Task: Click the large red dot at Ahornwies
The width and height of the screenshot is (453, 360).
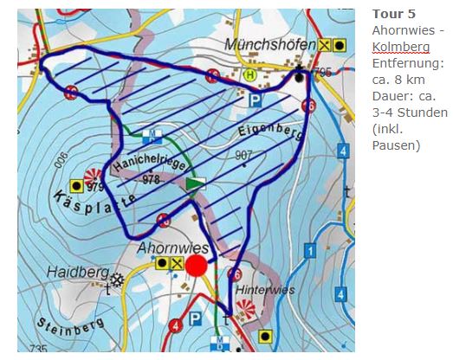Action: tap(197, 265)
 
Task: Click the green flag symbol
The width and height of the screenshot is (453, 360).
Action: tap(196, 183)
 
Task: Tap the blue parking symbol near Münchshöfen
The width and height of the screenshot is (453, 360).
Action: tap(255, 100)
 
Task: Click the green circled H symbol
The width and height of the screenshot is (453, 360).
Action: tap(250, 75)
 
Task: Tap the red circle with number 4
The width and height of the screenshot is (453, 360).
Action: tap(177, 325)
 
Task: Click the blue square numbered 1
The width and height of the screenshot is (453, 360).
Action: tap(310, 251)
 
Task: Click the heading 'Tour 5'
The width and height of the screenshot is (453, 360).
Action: tap(389, 15)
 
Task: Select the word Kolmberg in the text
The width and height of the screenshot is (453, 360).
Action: tap(398, 47)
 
